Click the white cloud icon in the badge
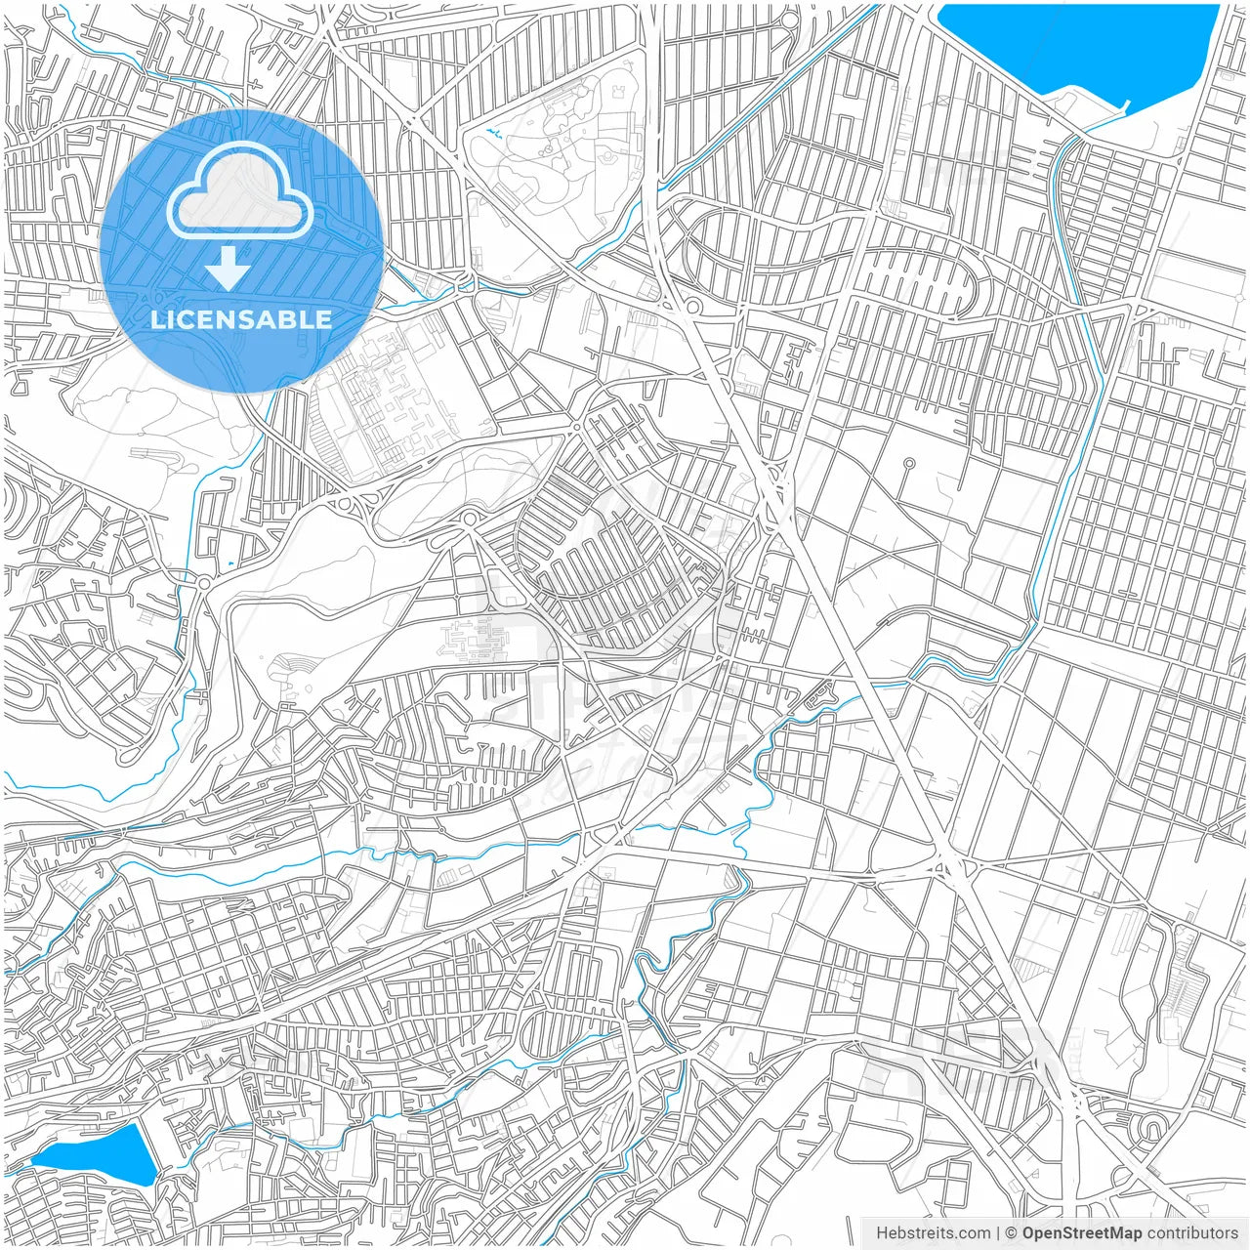point(240,190)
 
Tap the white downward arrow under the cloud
point(229,269)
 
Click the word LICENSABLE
point(240,319)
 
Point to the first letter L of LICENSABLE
point(156,319)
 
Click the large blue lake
point(1074,44)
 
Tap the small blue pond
point(98,1154)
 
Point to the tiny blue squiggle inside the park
point(493,132)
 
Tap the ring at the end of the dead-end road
point(909,463)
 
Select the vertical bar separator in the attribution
point(998,1233)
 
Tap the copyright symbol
point(1012,1233)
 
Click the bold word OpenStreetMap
point(1081,1233)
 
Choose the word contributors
point(1191,1233)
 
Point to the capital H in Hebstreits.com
point(882,1233)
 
